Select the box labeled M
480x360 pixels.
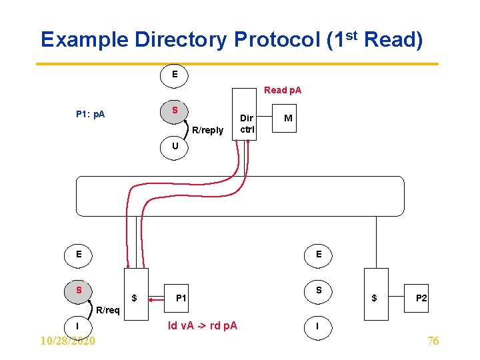click(288, 118)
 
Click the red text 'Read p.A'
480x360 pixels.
click(283, 90)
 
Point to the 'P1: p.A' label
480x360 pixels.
click(90, 114)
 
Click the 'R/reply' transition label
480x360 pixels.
click(207, 130)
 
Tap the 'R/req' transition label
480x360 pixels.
click(108, 310)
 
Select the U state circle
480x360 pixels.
click(175, 145)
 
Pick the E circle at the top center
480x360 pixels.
click(175, 75)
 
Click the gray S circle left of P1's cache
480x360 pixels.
click(79, 291)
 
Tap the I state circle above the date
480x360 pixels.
click(79, 326)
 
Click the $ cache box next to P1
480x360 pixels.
click(135, 294)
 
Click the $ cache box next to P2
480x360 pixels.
click(375, 294)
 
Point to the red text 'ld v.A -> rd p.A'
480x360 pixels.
click(202, 326)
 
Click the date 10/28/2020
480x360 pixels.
click(67, 341)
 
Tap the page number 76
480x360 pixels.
click(433, 341)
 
